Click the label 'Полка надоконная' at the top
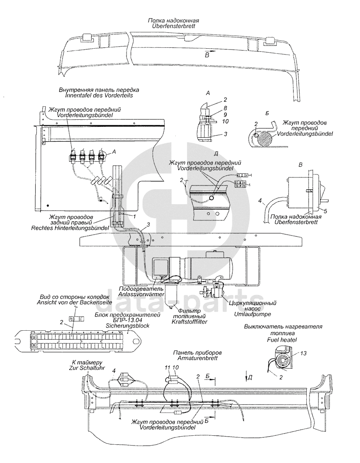[x=174, y=21]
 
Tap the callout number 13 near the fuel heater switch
[x=303, y=353]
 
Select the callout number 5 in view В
[x=325, y=211]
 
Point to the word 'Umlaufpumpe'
[x=252, y=314]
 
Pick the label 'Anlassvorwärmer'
[x=141, y=294]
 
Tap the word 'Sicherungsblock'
[x=127, y=326]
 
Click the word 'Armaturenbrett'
[x=197, y=358]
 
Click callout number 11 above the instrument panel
[x=168, y=368]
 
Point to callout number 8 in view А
[x=225, y=108]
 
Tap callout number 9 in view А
[x=225, y=114]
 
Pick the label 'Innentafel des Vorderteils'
[x=99, y=95]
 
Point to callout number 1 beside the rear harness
[x=134, y=216]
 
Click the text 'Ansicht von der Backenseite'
[x=74, y=303]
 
